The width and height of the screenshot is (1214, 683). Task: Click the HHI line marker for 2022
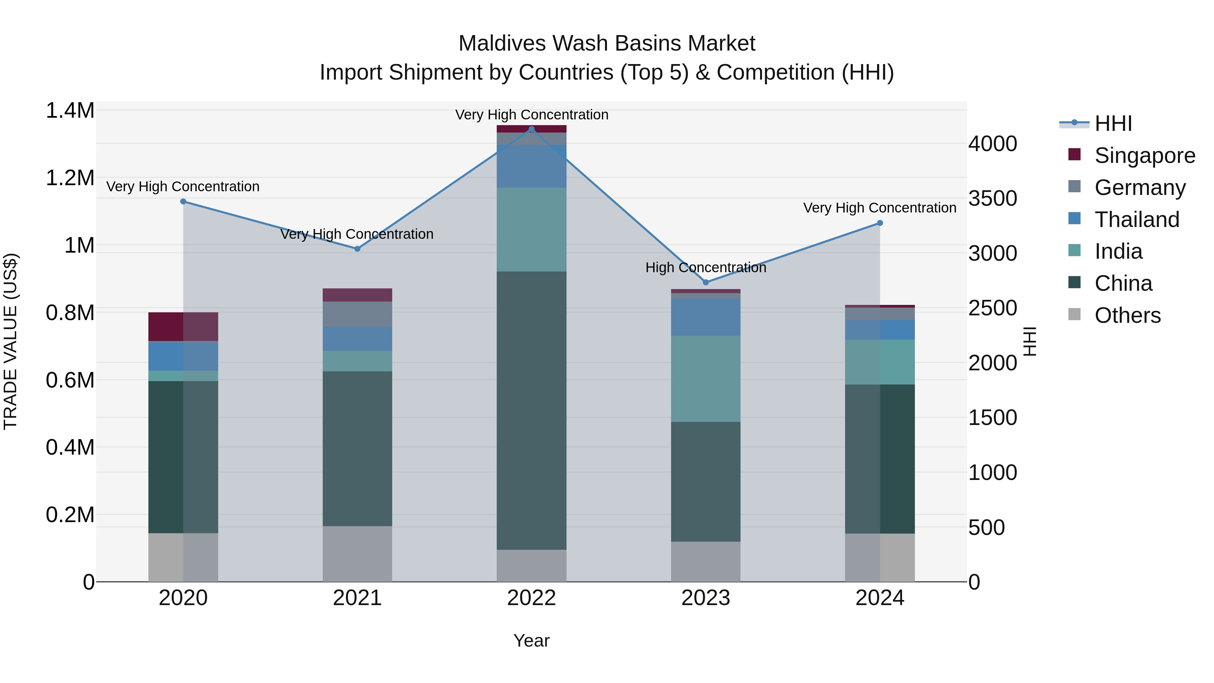click(x=531, y=129)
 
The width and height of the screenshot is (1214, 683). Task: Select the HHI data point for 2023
click(x=705, y=282)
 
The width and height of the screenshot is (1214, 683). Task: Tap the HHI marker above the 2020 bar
click(x=183, y=202)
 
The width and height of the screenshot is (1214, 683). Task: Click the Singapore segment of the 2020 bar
click(x=183, y=326)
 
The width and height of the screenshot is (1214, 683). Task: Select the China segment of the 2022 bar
click(x=531, y=410)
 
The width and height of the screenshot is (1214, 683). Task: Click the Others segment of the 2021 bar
click(x=357, y=554)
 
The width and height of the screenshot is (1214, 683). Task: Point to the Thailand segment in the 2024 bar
click(x=880, y=330)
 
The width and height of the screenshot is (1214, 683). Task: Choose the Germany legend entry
click(x=1139, y=188)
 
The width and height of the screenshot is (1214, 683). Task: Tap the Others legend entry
click(x=1127, y=315)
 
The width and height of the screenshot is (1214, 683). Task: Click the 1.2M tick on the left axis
click(x=70, y=178)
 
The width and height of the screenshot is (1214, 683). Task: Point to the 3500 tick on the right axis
click(x=992, y=198)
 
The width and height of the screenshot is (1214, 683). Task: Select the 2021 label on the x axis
click(x=357, y=598)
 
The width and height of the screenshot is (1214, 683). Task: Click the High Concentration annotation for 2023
click(x=705, y=268)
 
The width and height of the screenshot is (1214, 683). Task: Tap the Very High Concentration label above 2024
click(x=879, y=208)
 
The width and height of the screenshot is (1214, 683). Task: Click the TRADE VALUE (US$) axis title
click(x=10, y=341)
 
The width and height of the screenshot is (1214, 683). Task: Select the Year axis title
click(x=531, y=641)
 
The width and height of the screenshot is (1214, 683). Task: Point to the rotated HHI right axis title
click(x=1030, y=341)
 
